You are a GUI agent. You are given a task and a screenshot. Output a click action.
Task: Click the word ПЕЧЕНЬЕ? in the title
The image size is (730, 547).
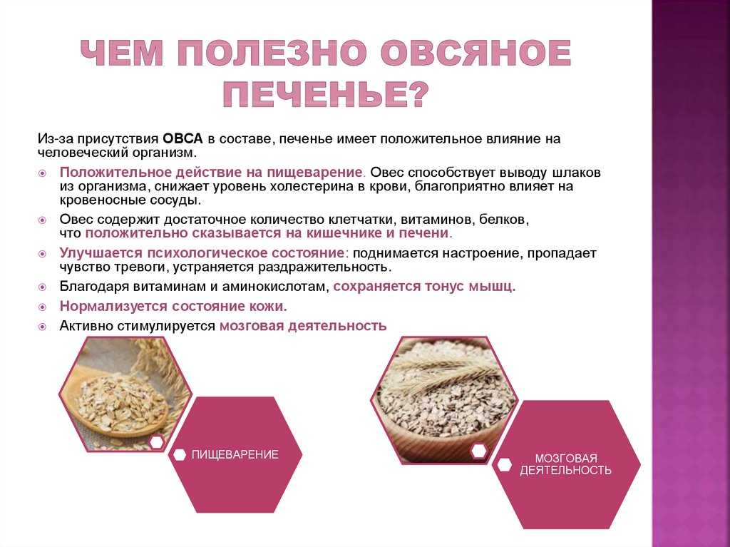pos(325,95)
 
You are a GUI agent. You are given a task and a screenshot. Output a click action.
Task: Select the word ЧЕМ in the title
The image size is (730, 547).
pos(121,53)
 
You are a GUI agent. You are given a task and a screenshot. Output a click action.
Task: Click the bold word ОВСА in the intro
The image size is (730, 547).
pos(183,138)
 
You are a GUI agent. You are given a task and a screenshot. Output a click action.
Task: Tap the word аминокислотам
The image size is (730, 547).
pos(276,286)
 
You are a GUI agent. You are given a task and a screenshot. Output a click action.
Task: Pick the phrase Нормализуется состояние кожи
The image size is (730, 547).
pos(173,306)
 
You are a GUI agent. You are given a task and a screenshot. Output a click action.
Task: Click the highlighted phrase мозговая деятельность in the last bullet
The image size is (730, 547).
pos(303,326)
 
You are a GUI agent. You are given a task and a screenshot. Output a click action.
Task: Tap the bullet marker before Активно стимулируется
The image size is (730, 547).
pos(42,327)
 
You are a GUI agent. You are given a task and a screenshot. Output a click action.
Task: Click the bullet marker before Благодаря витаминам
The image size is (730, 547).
pos(42,287)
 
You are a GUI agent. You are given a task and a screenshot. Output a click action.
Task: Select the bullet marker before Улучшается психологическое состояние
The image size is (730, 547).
pos(42,254)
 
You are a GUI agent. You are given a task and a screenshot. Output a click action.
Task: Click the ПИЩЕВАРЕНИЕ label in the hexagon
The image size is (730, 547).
pos(235,455)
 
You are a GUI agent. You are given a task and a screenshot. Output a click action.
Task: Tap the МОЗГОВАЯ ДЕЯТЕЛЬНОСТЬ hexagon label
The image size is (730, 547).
pos(565,464)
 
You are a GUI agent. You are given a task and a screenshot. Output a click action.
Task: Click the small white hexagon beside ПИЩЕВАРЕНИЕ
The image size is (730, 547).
pos(179,455)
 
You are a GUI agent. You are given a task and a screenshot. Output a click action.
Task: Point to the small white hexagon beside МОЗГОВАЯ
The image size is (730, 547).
pos(504,464)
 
